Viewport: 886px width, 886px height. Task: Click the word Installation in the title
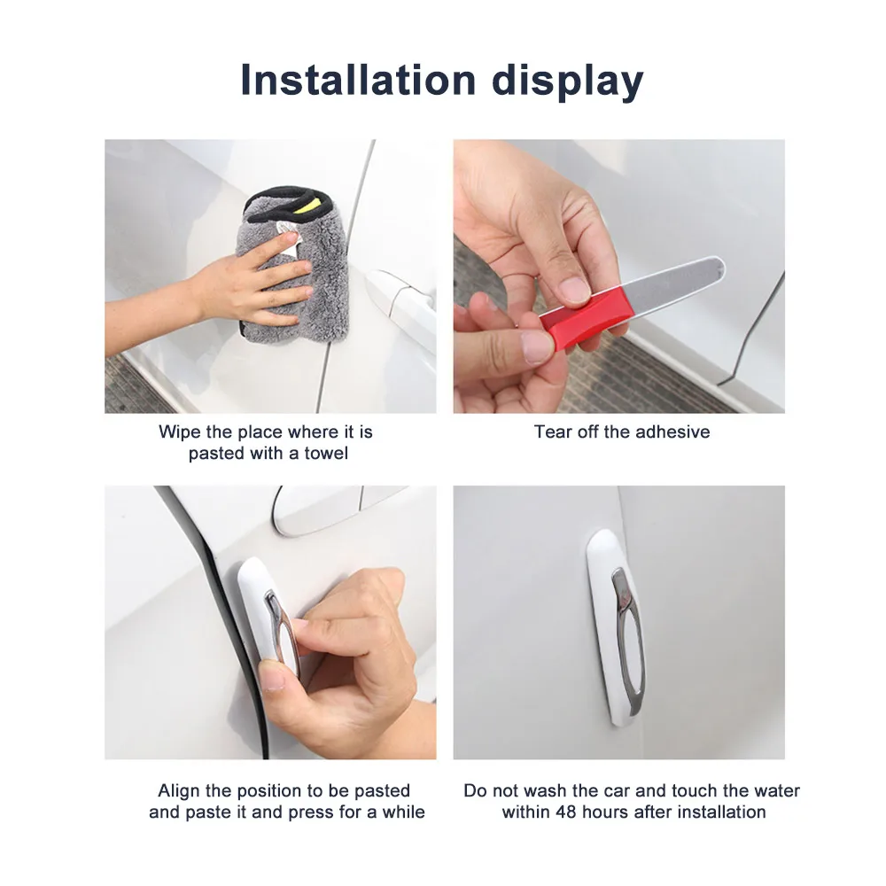(358, 80)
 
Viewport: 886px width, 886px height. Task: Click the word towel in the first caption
(326, 453)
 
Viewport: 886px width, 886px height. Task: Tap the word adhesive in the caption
(673, 431)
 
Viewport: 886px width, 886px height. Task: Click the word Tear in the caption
(553, 431)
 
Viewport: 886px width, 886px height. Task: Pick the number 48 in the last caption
(566, 812)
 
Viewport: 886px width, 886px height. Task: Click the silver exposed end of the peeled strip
(673, 284)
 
